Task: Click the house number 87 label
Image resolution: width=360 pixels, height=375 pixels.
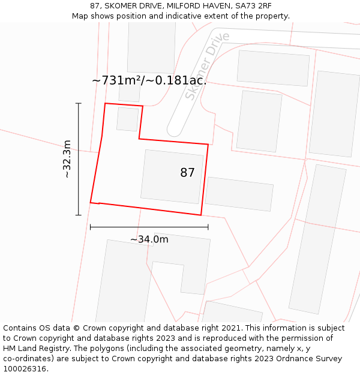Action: click(187, 173)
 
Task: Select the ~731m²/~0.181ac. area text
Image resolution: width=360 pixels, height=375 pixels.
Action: click(149, 80)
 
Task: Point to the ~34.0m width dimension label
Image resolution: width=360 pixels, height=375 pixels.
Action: click(149, 239)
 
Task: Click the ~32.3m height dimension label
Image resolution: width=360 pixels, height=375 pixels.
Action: click(67, 159)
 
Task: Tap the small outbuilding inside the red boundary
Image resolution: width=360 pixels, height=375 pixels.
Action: click(127, 119)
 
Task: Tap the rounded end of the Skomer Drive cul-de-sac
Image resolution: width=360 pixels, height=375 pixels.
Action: click(175, 130)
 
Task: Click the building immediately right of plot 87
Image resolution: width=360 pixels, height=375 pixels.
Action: click(239, 193)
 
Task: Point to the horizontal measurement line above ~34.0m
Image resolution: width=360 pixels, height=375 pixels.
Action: click(149, 227)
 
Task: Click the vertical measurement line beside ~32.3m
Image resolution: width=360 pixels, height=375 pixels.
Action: click(79, 159)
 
